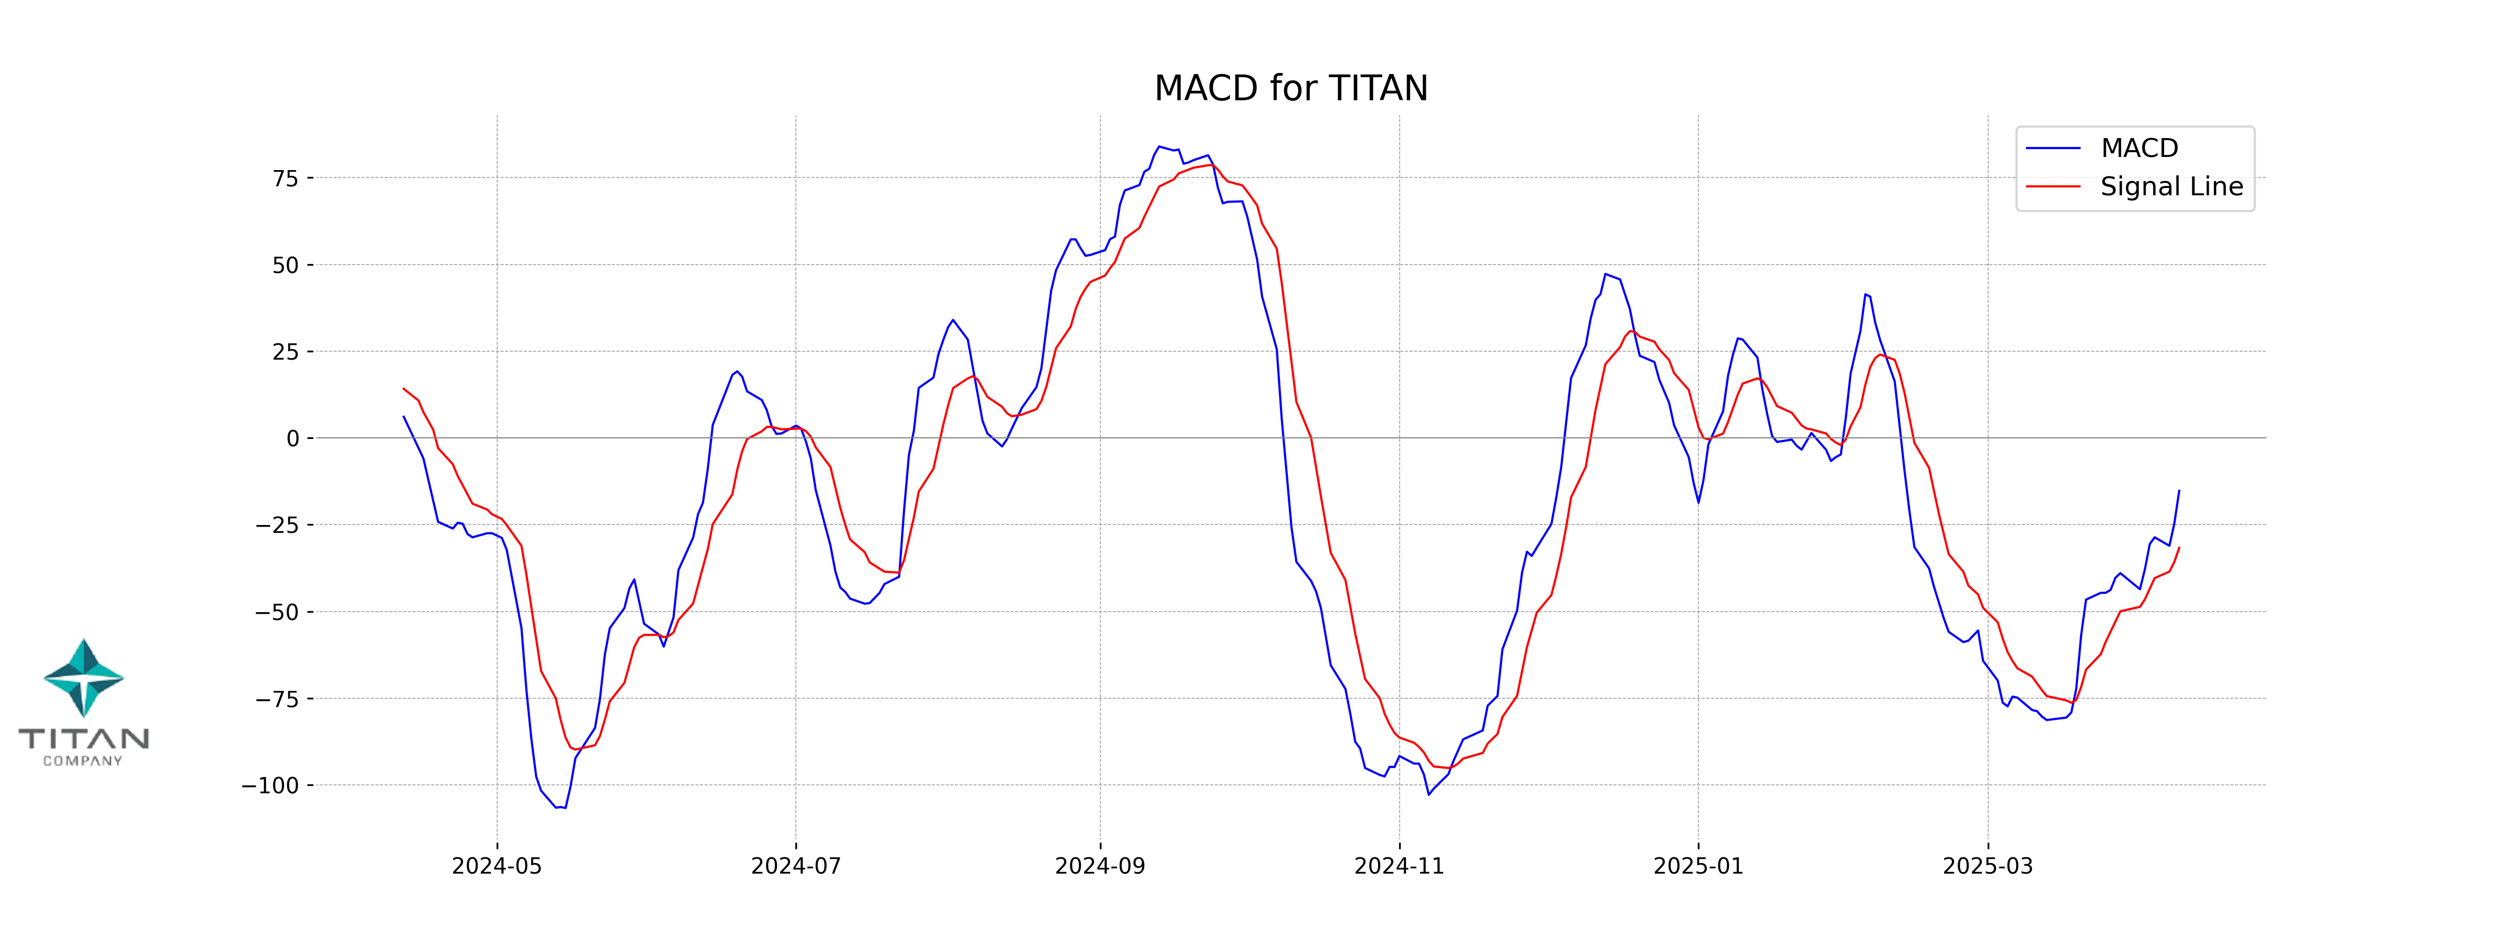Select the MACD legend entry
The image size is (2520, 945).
coord(2138,149)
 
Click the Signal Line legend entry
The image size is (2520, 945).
coord(2171,187)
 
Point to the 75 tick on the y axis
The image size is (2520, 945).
coord(286,178)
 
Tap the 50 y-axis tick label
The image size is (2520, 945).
coord(286,265)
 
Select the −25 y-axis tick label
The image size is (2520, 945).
coord(278,526)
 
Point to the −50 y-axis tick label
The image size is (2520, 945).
coord(278,612)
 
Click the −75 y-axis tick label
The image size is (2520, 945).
coord(278,699)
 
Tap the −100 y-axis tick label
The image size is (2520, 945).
coord(271,785)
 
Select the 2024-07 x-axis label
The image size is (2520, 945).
coord(795,866)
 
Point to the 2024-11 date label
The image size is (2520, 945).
coord(1399,866)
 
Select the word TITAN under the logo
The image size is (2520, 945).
coord(84,739)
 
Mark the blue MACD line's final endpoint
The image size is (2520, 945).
coord(2179,491)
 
